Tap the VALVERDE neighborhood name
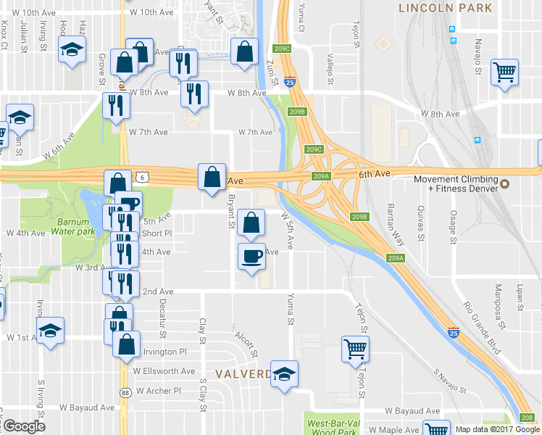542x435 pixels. pos(243,373)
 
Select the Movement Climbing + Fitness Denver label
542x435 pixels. pos(454,184)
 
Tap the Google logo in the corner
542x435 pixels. pos(23,426)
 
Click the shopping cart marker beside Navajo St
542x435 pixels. pos(504,72)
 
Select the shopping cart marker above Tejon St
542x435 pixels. pos(355,349)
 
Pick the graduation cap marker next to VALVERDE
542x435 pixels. pos(285,373)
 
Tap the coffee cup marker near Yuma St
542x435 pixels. pos(251,256)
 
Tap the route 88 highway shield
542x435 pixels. pos(125,392)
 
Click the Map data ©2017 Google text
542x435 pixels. pos(498,428)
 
